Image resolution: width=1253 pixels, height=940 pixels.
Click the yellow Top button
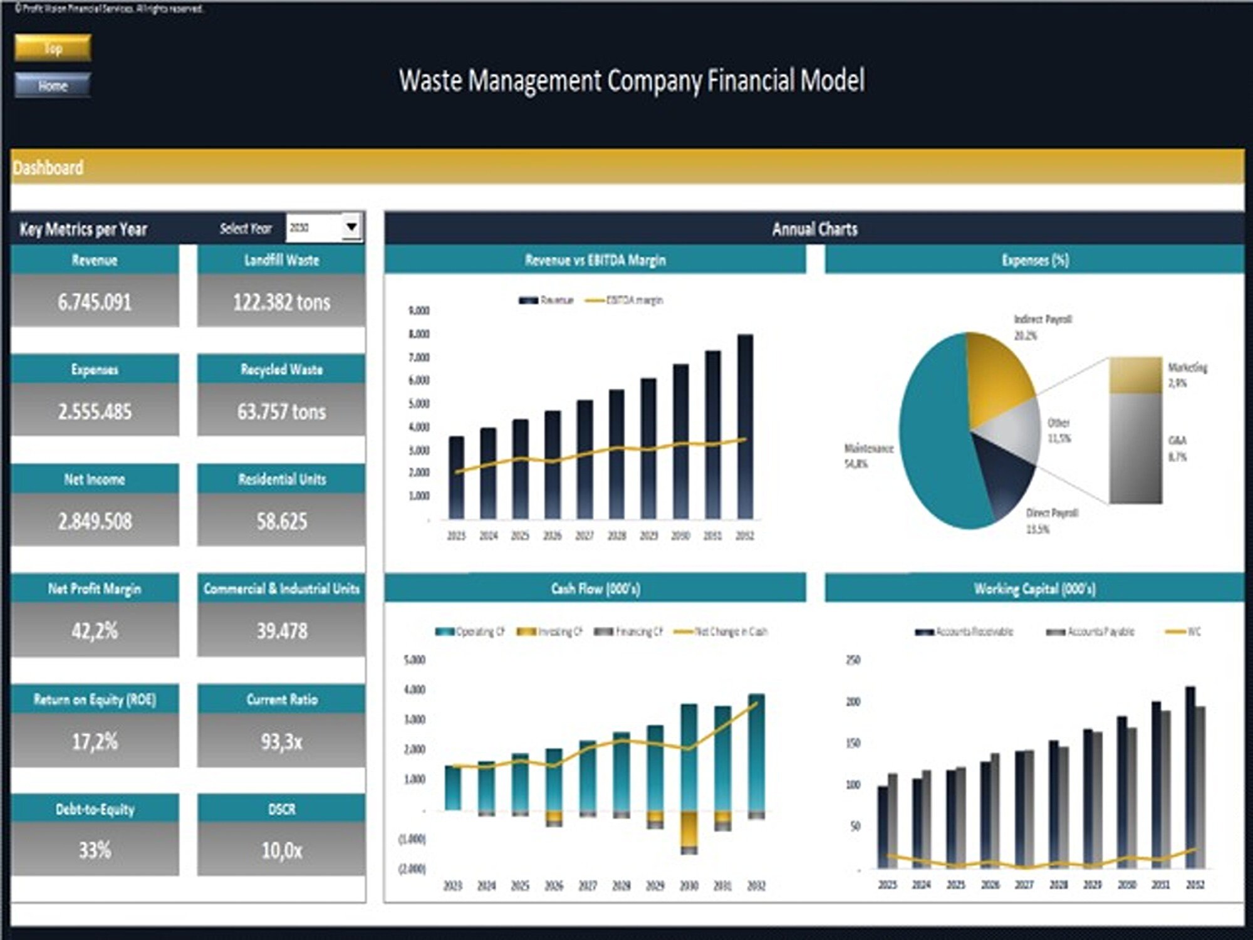click(x=53, y=48)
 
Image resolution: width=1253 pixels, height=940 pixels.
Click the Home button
click(x=53, y=86)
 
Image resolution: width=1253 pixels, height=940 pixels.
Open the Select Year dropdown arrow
click(x=351, y=227)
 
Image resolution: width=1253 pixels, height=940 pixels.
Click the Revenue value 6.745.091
click(x=95, y=302)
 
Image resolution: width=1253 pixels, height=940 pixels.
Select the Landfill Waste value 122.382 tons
click(x=281, y=302)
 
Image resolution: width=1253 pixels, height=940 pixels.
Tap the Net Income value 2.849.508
click(x=95, y=521)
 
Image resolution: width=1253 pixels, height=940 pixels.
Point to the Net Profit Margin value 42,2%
click(x=95, y=630)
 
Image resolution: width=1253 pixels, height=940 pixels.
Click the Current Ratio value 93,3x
click(x=281, y=742)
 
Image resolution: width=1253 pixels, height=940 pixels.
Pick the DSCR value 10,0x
click(x=281, y=850)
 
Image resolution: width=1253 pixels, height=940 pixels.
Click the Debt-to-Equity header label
click(x=95, y=809)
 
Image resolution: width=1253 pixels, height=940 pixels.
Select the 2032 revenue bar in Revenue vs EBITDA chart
click(x=745, y=426)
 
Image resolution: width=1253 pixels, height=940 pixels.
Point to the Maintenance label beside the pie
click(x=868, y=448)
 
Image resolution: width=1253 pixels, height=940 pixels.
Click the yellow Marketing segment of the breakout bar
click(x=1135, y=375)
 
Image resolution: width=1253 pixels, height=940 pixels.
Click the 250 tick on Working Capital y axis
click(x=853, y=660)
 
